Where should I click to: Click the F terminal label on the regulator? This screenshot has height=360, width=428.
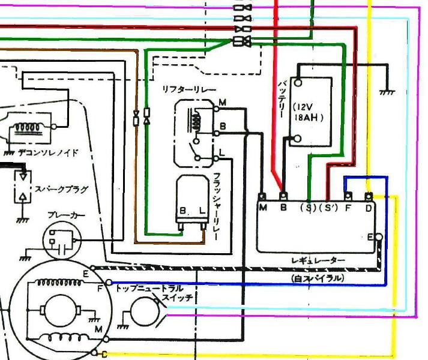[x=347, y=208]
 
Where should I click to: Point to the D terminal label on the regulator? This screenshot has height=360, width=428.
[x=369, y=208]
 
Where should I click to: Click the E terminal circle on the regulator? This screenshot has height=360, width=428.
[x=379, y=237]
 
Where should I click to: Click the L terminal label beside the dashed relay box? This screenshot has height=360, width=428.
[x=222, y=153]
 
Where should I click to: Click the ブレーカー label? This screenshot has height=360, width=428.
[x=66, y=215]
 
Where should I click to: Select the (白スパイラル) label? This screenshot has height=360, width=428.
[x=318, y=278]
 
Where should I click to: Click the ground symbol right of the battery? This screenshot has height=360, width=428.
[x=387, y=91]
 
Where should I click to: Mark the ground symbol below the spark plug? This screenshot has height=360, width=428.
[x=23, y=219]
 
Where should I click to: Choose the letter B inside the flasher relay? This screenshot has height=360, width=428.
[x=182, y=211]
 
